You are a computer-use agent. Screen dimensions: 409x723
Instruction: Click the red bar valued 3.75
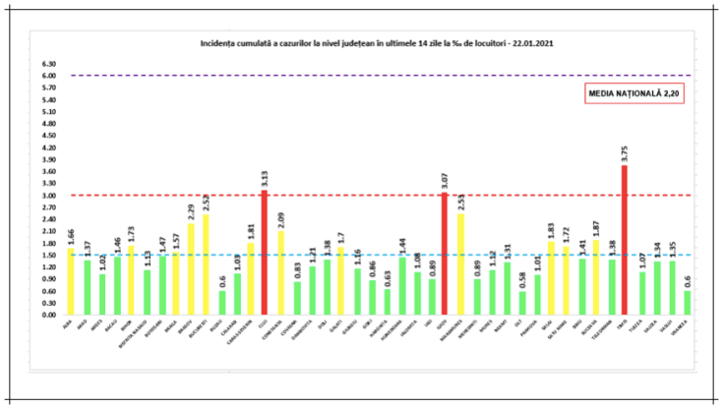tap(624, 241)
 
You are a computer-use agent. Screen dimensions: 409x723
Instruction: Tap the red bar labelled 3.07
tap(444, 254)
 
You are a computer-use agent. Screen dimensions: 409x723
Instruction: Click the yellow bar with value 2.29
tap(191, 269)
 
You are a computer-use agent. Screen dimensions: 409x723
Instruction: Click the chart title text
tap(372, 44)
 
